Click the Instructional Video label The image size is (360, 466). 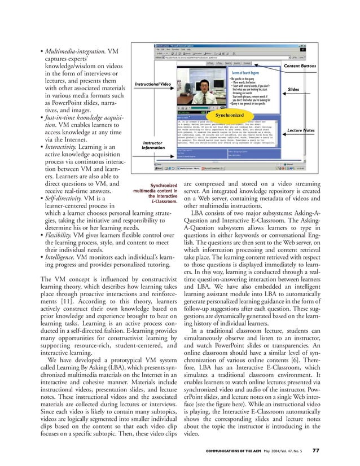coord(152,84)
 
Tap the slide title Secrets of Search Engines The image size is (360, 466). coord(247,73)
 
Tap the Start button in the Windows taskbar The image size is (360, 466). coord(161,168)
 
